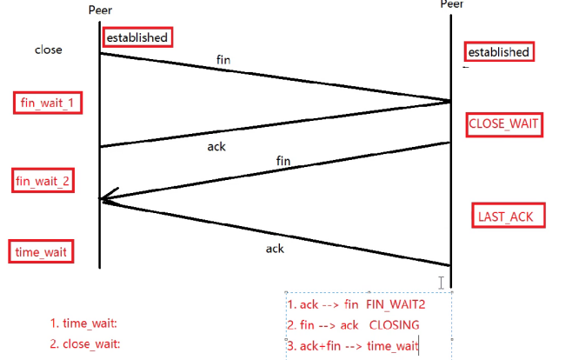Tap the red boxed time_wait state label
click(40, 252)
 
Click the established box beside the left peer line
click(136, 37)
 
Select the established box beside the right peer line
click(498, 52)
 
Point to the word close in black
click(49, 50)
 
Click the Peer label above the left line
click(101, 10)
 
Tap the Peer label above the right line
click(451, 4)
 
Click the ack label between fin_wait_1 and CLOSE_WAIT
click(216, 147)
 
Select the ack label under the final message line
click(275, 249)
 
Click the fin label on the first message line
click(224, 60)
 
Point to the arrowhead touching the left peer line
click(105, 199)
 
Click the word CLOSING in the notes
click(395, 325)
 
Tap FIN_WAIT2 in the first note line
click(395, 304)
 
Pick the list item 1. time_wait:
click(83, 323)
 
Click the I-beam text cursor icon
click(442, 283)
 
